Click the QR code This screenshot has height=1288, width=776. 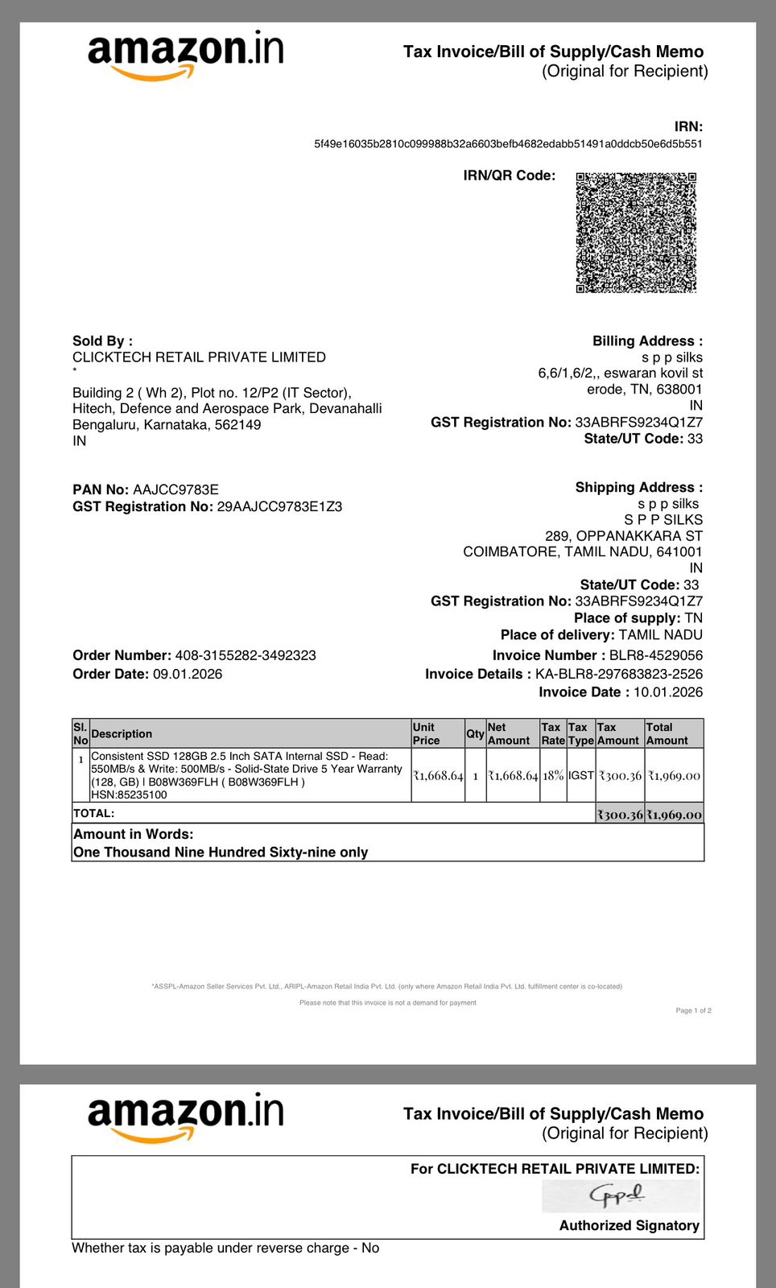tap(636, 232)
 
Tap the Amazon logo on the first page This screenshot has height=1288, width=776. tap(185, 55)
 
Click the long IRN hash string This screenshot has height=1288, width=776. tap(508, 144)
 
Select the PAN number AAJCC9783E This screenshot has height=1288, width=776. tap(175, 489)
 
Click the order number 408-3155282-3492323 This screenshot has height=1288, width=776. tap(246, 655)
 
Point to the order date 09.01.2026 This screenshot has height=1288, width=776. tap(188, 674)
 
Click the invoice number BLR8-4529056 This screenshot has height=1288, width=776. tap(655, 655)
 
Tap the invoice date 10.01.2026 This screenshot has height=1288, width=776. tap(667, 692)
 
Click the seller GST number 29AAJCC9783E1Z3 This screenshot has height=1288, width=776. tap(279, 506)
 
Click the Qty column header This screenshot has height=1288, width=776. tap(475, 733)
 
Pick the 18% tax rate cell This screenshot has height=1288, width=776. tap(553, 775)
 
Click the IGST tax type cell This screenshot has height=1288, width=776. tap(580, 775)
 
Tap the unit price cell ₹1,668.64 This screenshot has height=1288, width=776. tap(438, 775)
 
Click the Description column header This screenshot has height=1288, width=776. tap(122, 733)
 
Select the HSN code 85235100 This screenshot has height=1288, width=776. tap(142, 795)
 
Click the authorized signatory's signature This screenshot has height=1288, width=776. tap(617, 1196)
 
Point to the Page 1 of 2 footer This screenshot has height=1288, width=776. tap(693, 1010)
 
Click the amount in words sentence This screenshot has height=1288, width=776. tap(221, 852)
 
